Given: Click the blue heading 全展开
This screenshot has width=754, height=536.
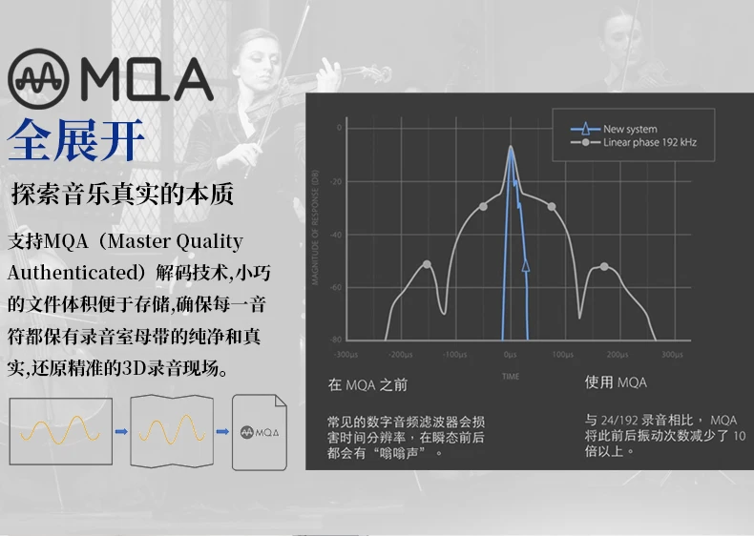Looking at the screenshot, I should coord(76,139).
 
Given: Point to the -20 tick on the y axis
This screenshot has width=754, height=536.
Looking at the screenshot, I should coord(337,180).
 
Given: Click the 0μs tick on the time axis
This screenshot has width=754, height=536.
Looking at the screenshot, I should coord(511,355).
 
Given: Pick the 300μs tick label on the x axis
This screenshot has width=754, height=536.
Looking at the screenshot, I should coord(672,355).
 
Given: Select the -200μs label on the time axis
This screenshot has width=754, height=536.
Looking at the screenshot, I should coord(401,355).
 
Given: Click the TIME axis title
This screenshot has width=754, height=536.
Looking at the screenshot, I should coord(512,376).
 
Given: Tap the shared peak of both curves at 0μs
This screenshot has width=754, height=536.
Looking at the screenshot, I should coord(511,148).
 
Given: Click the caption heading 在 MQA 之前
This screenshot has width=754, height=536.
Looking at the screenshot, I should coord(367,384).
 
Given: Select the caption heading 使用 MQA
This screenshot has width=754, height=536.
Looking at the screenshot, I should coord(616,382).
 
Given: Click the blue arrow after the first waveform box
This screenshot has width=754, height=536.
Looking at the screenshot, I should coord(121,432).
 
